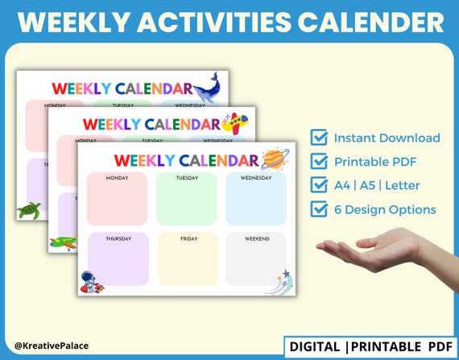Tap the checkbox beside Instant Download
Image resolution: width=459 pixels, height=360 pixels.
[x=319, y=138]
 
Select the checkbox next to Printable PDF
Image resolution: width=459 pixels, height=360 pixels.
[x=319, y=162]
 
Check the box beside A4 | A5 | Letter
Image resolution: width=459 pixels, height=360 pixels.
[x=319, y=185]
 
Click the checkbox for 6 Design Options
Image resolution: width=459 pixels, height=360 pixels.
[x=319, y=209]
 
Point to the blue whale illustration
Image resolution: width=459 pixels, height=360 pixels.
[x=209, y=85]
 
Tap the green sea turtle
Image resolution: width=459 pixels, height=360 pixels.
[x=30, y=209]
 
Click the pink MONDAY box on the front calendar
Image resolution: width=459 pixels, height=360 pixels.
[x=117, y=198]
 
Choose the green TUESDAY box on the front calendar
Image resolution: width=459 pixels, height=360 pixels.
[x=187, y=198]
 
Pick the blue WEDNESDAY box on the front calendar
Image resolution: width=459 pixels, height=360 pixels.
[x=255, y=198]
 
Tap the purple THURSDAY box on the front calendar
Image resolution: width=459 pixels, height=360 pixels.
[x=117, y=258]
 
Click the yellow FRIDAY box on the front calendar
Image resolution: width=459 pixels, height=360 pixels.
[x=187, y=258]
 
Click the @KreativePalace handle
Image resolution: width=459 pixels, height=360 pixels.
[x=51, y=346]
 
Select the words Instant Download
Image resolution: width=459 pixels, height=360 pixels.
[x=387, y=138]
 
